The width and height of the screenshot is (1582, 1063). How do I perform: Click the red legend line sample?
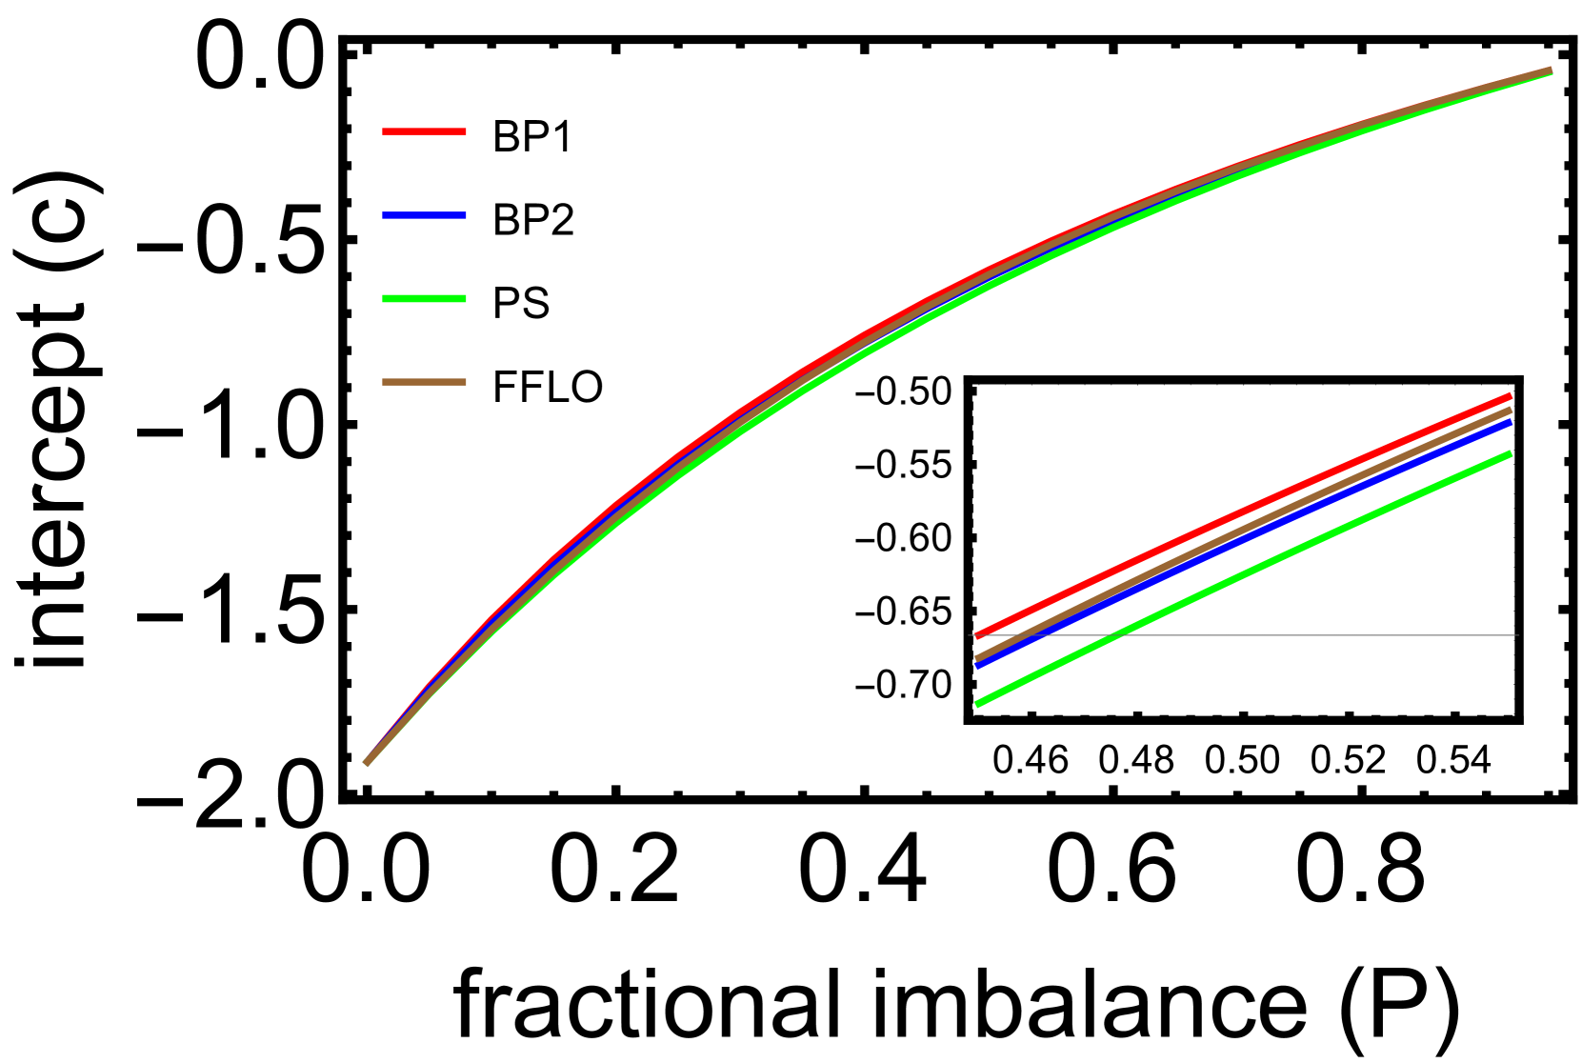click(424, 131)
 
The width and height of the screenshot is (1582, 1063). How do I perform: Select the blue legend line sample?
click(424, 215)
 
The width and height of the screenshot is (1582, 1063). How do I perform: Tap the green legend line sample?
click(424, 299)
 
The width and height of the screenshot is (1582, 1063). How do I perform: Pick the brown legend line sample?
click(424, 382)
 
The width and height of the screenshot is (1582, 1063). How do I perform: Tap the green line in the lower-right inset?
click(1238, 580)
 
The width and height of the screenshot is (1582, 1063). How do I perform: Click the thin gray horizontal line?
click(1333, 635)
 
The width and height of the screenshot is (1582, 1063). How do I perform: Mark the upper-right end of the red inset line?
click(1510, 396)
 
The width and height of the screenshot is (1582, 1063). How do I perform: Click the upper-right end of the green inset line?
click(1510, 454)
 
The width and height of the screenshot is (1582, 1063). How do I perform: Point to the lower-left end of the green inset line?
click(978, 704)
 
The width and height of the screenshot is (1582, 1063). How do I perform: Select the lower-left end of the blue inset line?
click(978, 665)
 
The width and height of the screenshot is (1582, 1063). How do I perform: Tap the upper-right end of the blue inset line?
click(1510, 423)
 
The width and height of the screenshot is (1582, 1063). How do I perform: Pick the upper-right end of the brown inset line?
click(1510, 411)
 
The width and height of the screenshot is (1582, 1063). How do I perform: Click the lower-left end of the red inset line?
click(978, 635)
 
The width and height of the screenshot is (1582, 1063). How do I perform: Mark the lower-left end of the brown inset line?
click(978, 657)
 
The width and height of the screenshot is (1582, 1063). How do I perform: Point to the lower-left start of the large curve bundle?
click(366, 763)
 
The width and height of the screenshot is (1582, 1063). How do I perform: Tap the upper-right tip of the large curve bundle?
click(1551, 70)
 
